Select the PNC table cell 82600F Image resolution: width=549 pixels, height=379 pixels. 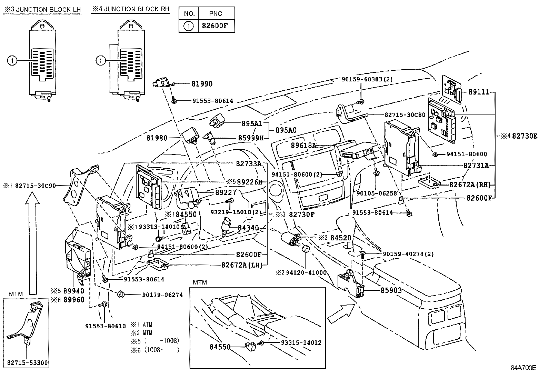pyautogui.click(x=216, y=26)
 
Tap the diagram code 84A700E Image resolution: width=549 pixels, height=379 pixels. pyautogui.click(x=523, y=368)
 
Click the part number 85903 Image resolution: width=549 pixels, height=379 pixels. pyautogui.click(x=391, y=290)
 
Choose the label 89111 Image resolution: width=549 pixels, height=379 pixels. pyautogui.click(x=479, y=92)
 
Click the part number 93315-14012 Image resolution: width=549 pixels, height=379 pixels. pyautogui.click(x=301, y=343)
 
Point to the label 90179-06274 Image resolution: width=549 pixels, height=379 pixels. pyautogui.click(x=162, y=295)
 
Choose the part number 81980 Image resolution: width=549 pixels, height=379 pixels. pyautogui.click(x=157, y=138)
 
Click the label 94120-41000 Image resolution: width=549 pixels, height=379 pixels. pyautogui.click(x=305, y=272)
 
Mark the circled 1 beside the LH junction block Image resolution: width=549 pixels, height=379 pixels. pyautogui.click(x=11, y=61)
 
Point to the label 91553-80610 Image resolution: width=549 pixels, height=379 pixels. pyautogui.click(x=106, y=326)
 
